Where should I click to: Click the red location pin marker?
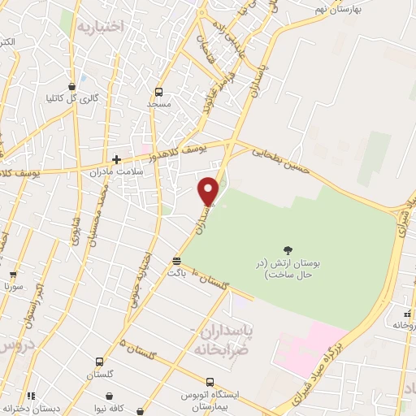(x=209, y=191)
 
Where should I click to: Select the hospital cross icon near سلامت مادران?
(x=117, y=159)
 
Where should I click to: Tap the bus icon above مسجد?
(x=158, y=92)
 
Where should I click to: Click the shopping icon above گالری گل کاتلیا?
(x=72, y=86)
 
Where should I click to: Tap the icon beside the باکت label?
(x=176, y=261)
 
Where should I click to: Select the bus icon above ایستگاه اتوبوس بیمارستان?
(x=210, y=381)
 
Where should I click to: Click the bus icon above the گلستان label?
(x=99, y=362)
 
